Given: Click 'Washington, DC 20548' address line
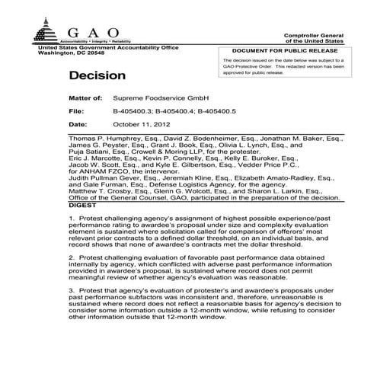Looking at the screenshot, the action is [72, 53].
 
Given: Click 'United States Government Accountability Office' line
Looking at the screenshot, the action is [108, 47].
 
